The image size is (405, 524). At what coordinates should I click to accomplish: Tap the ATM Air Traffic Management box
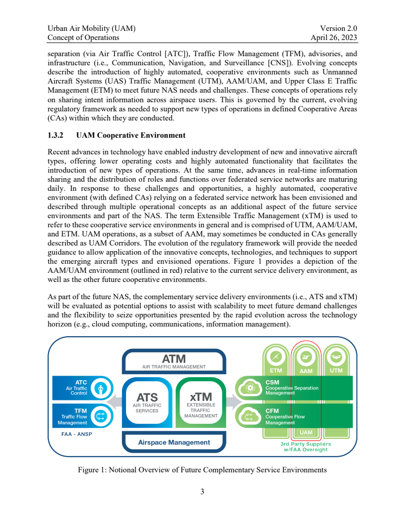(x=174, y=361)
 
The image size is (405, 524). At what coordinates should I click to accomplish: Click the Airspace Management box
(x=174, y=442)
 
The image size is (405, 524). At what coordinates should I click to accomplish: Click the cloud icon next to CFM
(x=249, y=416)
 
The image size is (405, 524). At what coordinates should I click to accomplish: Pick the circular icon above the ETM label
(x=276, y=357)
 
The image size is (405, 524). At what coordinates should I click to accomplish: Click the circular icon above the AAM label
(x=306, y=357)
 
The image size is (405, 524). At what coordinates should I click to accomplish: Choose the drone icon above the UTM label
(x=336, y=357)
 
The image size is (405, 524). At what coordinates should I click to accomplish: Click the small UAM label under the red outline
(x=306, y=432)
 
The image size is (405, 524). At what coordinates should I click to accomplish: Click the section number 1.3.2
(x=55, y=136)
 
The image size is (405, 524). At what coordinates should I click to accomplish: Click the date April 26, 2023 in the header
(x=334, y=37)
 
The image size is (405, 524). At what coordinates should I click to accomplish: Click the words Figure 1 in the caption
(x=92, y=470)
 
